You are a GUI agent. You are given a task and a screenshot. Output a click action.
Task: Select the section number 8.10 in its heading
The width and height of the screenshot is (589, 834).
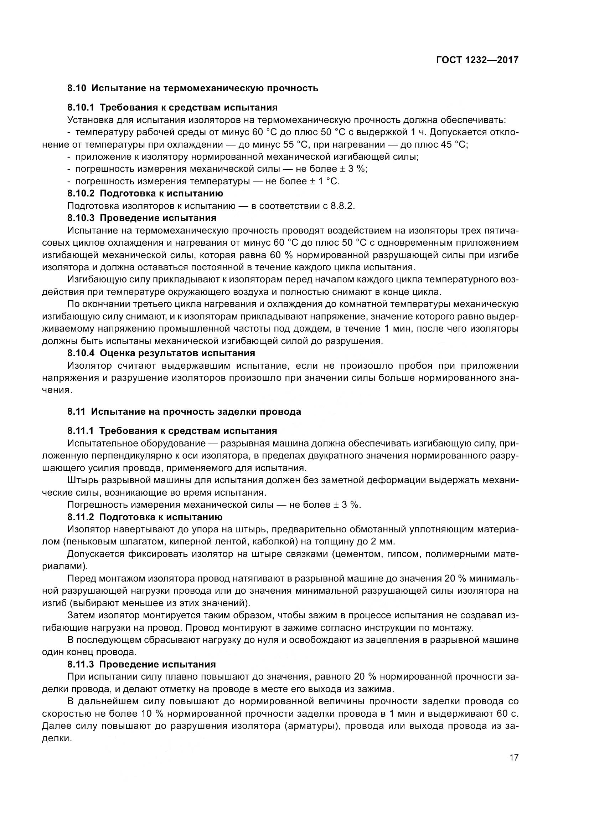77,88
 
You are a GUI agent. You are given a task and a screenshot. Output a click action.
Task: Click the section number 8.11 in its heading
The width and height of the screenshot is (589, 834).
76,411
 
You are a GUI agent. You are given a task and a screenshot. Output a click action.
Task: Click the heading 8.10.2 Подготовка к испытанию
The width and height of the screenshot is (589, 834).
145,193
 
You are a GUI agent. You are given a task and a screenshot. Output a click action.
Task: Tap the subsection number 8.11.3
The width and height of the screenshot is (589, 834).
81,664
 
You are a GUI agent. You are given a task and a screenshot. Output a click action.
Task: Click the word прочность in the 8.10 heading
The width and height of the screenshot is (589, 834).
293,88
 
